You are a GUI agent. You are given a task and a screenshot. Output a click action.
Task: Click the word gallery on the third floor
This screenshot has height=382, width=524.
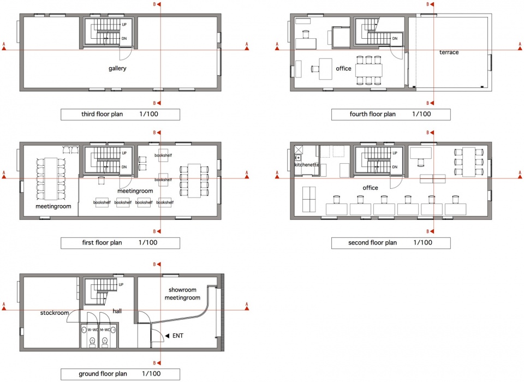117,69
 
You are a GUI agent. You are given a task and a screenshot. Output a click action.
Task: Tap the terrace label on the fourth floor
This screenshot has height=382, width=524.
449,52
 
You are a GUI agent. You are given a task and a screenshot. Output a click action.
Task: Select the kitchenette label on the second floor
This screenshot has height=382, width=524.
306,165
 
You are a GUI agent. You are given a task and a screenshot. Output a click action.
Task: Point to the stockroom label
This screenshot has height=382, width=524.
55,313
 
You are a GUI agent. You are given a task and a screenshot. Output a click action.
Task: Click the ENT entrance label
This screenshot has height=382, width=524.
178,336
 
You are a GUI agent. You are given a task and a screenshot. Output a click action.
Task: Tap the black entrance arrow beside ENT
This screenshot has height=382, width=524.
168,336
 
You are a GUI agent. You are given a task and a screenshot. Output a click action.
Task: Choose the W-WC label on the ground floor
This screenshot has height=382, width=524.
93,330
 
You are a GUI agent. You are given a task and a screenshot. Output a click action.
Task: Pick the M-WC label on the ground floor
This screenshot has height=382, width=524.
105,330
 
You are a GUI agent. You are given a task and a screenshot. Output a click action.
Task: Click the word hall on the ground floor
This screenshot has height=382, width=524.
117,311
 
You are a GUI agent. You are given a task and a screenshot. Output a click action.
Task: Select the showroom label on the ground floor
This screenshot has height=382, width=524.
182,290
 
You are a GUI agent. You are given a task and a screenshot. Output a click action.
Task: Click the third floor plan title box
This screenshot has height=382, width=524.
120,114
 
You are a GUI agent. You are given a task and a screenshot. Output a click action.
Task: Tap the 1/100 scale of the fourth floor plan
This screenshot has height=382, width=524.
421,114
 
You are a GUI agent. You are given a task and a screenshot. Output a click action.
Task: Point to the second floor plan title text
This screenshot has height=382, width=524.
373,243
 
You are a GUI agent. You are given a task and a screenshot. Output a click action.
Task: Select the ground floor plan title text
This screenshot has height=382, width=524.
103,374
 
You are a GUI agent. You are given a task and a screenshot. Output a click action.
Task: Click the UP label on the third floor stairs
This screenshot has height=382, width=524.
124,25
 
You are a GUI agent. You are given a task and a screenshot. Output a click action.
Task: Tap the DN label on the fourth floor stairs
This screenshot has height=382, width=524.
395,38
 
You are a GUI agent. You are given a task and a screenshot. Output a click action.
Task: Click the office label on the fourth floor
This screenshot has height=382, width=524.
343,69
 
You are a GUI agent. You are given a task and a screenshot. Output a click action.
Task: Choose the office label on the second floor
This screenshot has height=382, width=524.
370,188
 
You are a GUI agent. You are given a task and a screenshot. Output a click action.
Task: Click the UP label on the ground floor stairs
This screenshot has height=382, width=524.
121,284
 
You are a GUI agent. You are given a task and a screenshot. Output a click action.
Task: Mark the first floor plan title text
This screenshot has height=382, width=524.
102,243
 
